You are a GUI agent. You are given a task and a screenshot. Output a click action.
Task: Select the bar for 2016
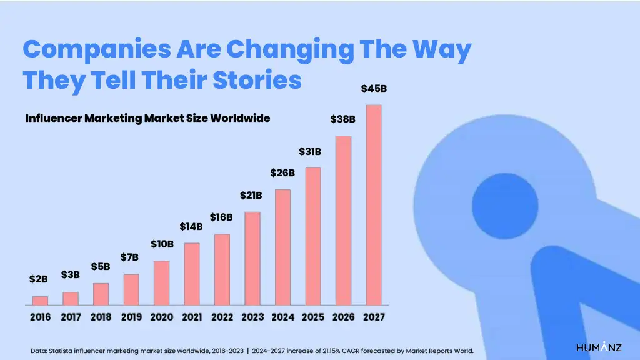click(x=40, y=301)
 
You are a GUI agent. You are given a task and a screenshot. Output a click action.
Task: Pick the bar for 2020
click(x=161, y=282)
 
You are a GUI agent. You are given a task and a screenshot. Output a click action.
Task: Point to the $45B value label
click(x=374, y=89)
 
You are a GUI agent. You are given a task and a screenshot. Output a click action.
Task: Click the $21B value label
click(x=251, y=196)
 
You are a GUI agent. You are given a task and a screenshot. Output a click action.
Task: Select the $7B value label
click(x=130, y=257)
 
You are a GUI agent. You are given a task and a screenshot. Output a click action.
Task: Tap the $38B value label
click(x=343, y=119)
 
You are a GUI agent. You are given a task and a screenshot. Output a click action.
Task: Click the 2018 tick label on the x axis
click(x=101, y=317)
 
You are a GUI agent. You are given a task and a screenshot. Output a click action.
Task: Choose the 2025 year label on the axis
click(x=313, y=317)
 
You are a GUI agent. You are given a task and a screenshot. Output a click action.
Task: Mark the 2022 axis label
click(x=222, y=317)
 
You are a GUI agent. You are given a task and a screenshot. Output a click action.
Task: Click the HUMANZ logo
click(x=598, y=347)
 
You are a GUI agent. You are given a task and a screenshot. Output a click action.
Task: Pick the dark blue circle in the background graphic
click(x=505, y=206)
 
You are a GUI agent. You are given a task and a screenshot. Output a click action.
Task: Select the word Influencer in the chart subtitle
click(x=50, y=118)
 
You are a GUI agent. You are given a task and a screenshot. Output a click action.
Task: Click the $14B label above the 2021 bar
click(x=191, y=226)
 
